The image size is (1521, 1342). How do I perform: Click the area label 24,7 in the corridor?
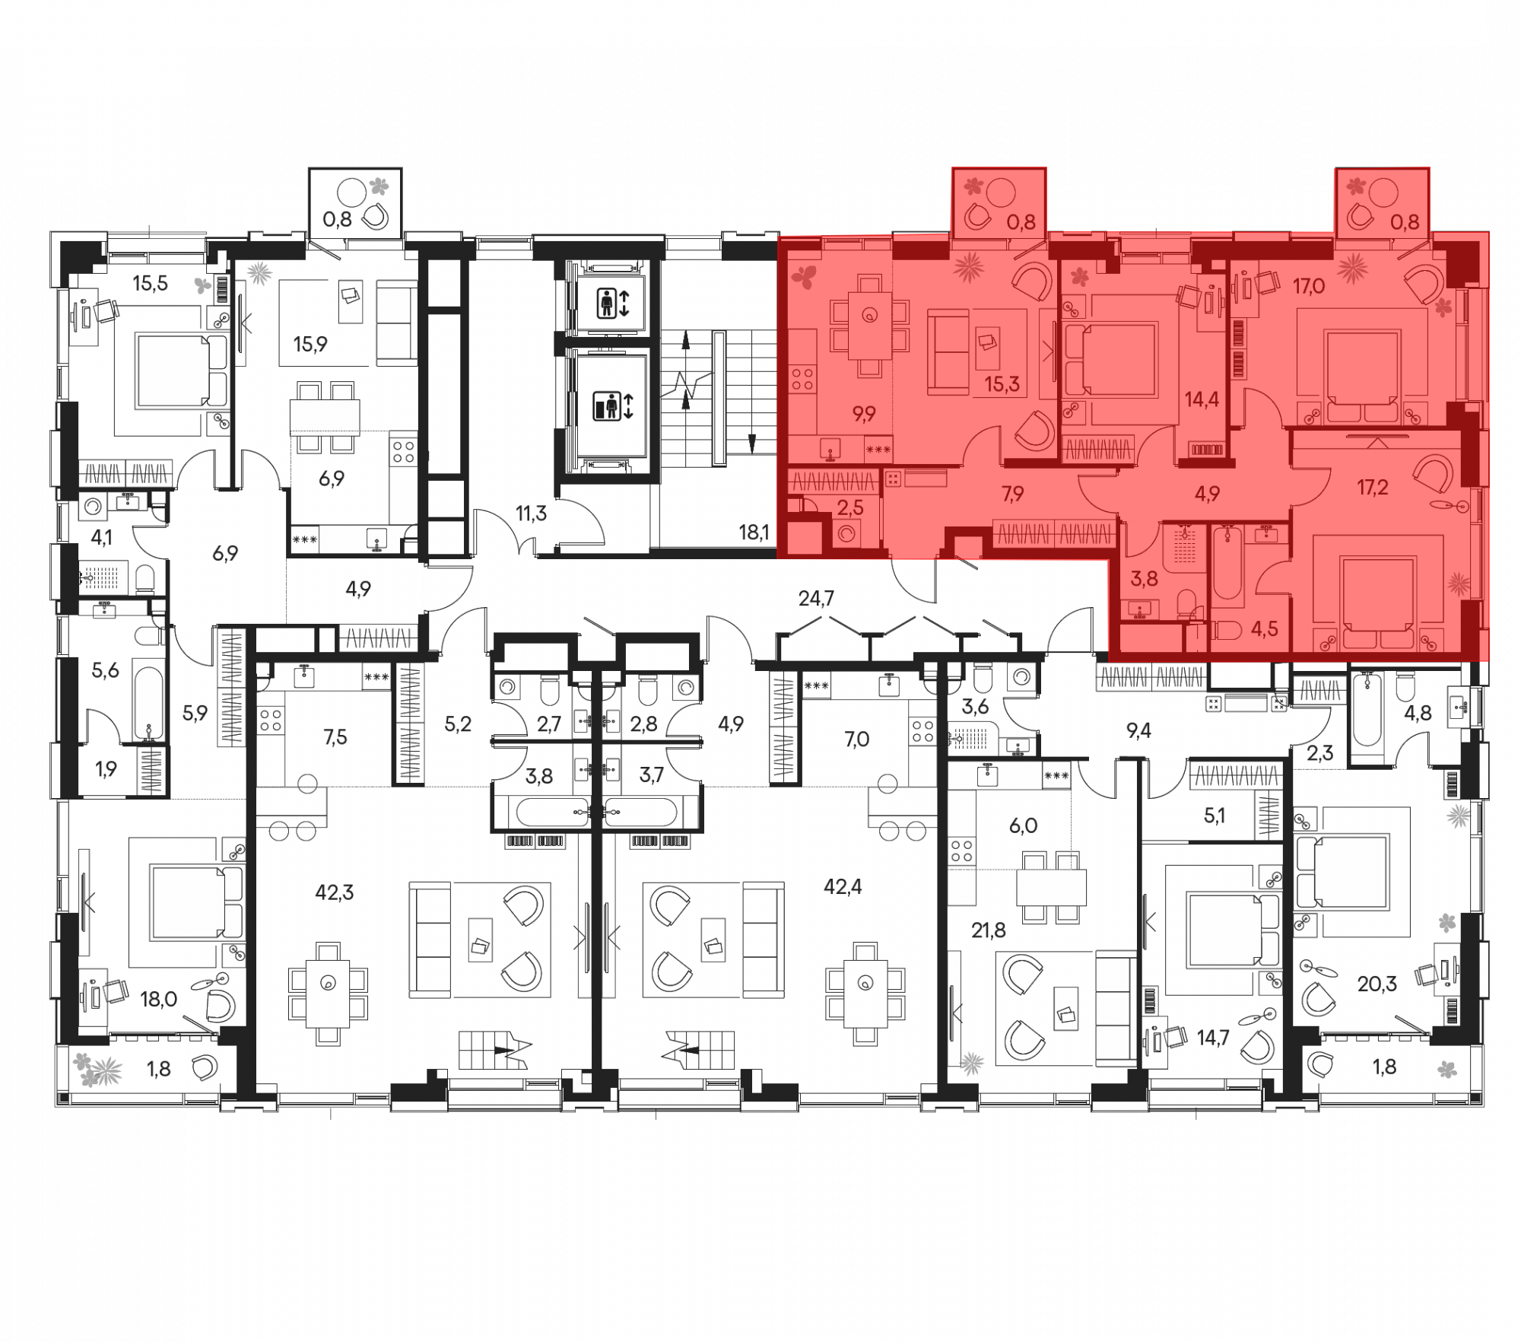pyautogui.click(x=816, y=599)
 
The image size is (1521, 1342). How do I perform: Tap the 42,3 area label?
pyautogui.click(x=335, y=892)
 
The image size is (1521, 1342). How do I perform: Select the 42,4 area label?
pyautogui.click(x=843, y=886)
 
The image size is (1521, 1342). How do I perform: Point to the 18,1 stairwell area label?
pyautogui.click(x=754, y=533)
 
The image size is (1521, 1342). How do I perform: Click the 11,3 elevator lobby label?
pyautogui.click(x=531, y=514)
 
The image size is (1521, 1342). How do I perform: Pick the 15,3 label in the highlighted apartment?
pyautogui.click(x=1002, y=384)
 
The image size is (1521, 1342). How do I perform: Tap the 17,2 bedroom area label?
pyautogui.click(x=1373, y=487)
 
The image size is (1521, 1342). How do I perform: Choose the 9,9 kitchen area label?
pyautogui.click(x=864, y=414)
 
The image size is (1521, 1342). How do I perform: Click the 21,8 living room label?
pyautogui.click(x=989, y=930)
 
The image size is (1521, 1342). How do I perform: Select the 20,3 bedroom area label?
pyautogui.click(x=1377, y=984)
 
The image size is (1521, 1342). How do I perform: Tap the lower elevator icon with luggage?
pyautogui.click(x=613, y=406)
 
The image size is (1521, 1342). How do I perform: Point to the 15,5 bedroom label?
pyautogui.click(x=150, y=284)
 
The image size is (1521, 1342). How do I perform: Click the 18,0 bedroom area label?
pyautogui.click(x=159, y=999)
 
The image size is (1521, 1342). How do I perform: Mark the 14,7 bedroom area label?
pyautogui.click(x=1213, y=1038)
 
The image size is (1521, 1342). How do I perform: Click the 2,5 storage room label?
pyautogui.click(x=850, y=508)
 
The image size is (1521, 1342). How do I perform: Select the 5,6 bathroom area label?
pyautogui.click(x=105, y=670)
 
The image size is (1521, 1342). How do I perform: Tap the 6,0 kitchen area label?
pyautogui.click(x=1023, y=825)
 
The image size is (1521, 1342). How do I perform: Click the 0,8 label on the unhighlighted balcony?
pyautogui.click(x=337, y=220)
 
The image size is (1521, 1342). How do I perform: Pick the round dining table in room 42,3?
pyautogui.click(x=328, y=984)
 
